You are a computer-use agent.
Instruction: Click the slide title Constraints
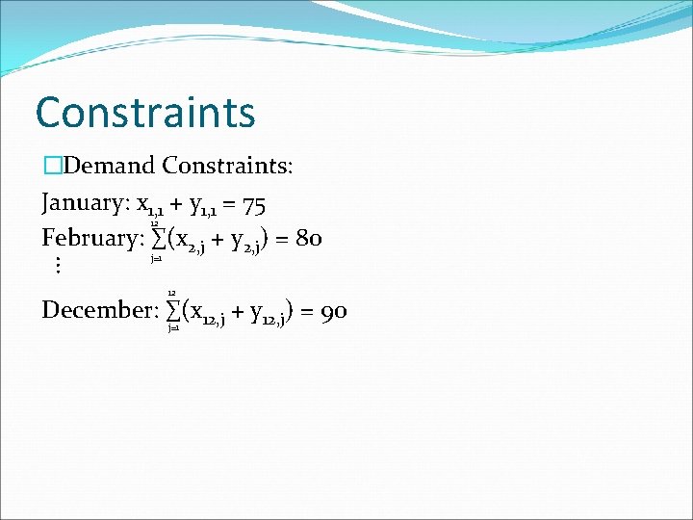coord(145,112)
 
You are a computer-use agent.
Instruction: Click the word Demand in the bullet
coord(111,166)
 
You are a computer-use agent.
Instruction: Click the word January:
coord(85,204)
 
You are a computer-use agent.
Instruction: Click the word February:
coord(92,237)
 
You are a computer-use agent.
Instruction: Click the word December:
coord(99,310)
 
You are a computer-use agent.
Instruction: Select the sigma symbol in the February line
coord(157,238)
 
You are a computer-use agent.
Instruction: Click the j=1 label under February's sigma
coord(156,258)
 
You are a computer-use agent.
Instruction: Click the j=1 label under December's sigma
coord(172,328)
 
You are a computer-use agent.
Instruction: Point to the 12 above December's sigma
coord(171,292)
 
